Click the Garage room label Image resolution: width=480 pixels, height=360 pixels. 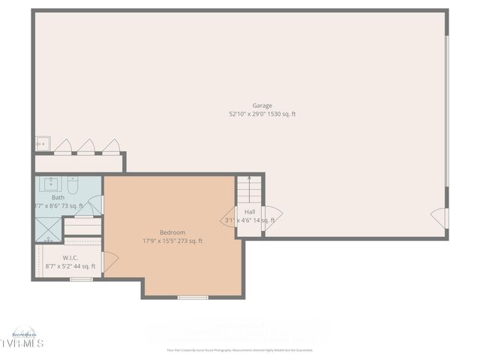262,106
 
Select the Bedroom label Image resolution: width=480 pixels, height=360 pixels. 172,232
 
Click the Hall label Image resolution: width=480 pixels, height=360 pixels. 250,212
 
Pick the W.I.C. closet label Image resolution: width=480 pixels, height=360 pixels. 70,257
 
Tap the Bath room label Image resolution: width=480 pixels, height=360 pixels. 58,197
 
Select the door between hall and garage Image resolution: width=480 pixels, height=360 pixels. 271,217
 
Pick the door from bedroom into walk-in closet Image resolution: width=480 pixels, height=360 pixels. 110,262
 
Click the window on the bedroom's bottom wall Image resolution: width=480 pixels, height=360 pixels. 193,298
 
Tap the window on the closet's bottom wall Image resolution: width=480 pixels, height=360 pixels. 81,280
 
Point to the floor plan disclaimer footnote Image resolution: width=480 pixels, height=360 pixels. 240,350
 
